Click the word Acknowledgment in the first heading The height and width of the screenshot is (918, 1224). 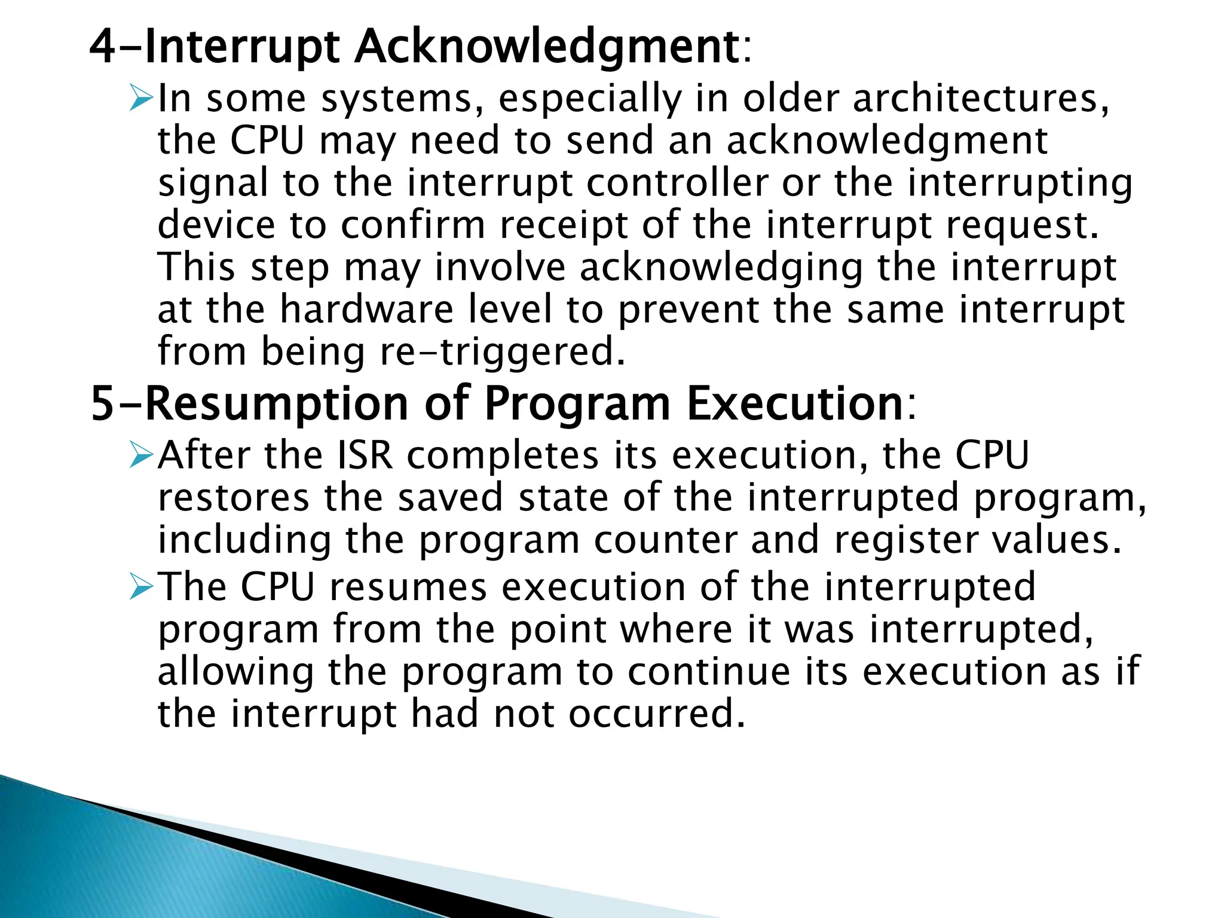[x=547, y=47]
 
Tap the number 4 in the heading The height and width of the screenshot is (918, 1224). [x=102, y=47]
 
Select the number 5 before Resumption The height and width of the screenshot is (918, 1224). [x=102, y=404]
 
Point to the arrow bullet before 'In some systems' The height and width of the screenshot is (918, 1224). [x=141, y=98]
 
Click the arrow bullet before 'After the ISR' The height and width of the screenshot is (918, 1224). [x=141, y=456]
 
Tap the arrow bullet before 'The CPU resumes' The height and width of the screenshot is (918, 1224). [x=141, y=587]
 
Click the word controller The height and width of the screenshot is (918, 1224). [x=677, y=183]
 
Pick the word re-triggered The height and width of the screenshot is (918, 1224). [x=503, y=352]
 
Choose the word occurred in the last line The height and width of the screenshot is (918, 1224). [x=657, y=714]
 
